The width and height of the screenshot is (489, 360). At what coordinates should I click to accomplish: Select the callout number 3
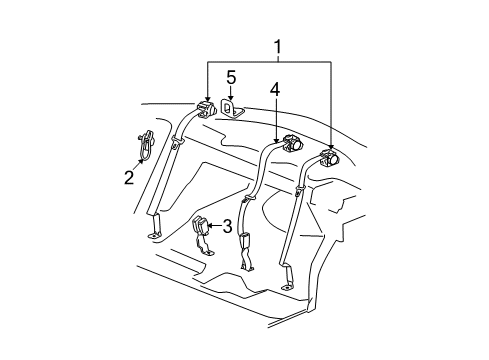point(227,225)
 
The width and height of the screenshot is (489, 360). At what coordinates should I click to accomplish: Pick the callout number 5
point(230,77)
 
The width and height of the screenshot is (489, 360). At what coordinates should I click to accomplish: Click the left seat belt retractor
point(206,108)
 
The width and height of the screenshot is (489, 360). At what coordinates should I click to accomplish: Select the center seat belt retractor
point(290,141)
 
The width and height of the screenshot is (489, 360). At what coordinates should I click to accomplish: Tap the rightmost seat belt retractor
point(330,156)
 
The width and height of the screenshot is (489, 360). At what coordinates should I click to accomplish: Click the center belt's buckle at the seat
point(245,243)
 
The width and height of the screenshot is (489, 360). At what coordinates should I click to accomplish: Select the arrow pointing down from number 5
point(230,93)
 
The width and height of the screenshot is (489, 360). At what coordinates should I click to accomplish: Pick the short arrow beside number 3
point(217,225)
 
